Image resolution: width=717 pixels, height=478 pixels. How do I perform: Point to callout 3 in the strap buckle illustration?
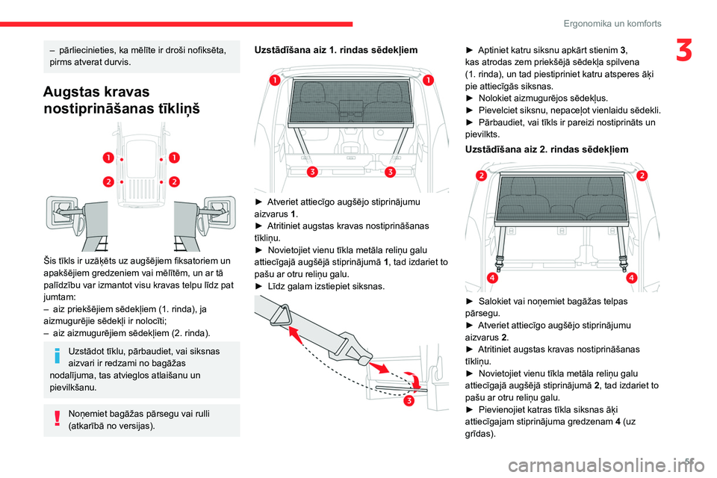tap(409, 403)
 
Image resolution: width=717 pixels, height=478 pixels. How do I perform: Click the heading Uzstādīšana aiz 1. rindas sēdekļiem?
tap(335, 49)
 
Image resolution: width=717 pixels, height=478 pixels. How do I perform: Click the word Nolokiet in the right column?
tap(497, 98)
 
